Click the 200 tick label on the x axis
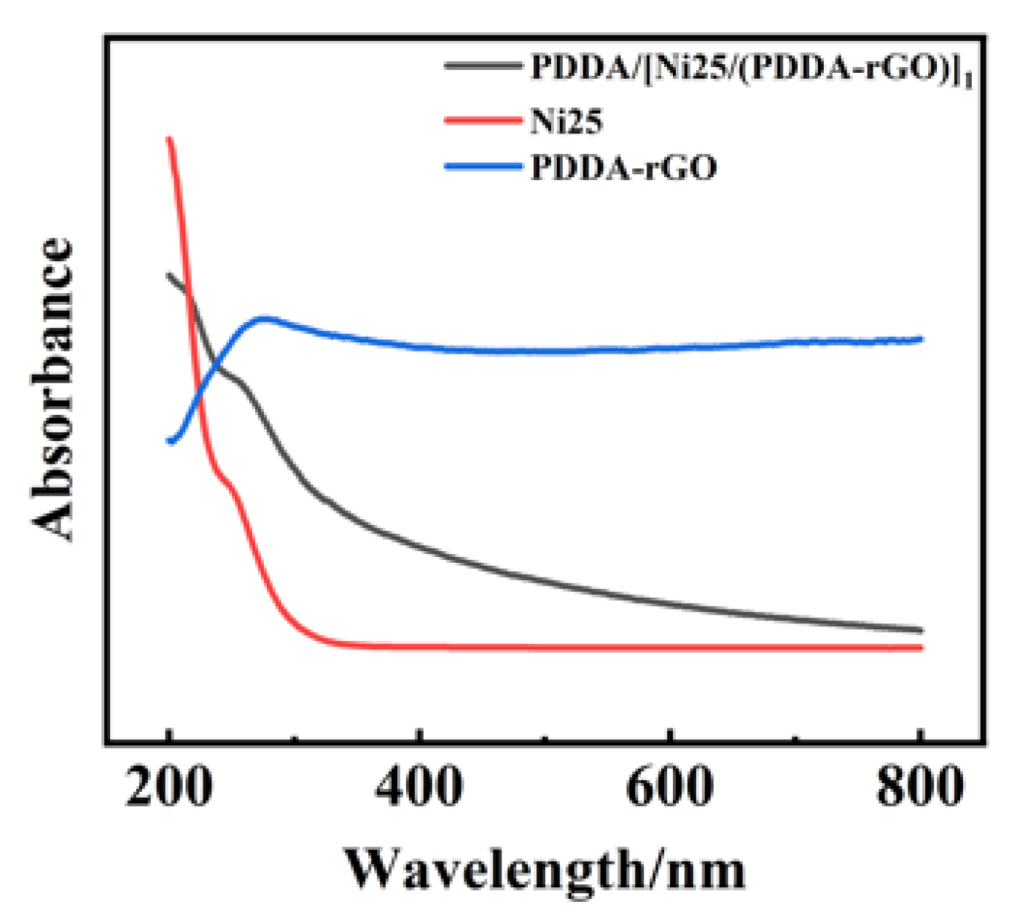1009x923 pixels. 169,787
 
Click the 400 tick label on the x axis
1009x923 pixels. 419,787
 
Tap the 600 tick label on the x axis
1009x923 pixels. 670,787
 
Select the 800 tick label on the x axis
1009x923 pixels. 920,787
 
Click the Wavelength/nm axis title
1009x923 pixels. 545,869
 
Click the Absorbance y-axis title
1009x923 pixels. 52,390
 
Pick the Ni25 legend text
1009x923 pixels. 566,121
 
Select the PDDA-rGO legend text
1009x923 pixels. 623,168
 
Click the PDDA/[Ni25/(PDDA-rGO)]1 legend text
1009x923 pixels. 751,69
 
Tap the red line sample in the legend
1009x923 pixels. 483,120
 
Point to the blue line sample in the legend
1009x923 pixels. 483,167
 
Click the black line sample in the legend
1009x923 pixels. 483,66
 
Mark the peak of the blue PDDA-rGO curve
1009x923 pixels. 264,319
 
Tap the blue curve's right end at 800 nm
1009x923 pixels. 921,339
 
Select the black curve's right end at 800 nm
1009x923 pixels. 921,630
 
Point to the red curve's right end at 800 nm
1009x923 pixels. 921,647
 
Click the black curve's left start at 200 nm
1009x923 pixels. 169,275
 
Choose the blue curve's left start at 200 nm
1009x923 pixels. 170,440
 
